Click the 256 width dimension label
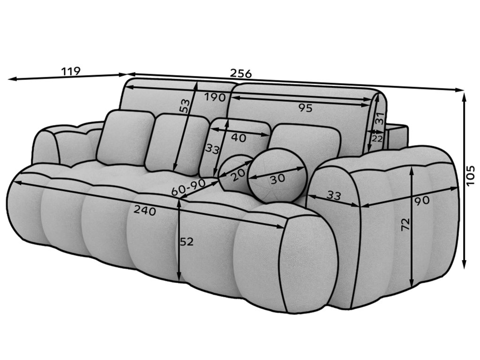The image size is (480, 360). tap(241, 73)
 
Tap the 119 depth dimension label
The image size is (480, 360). tap(71, 71)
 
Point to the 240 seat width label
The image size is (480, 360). tap(144, 211)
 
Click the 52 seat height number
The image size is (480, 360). tap(187, 242)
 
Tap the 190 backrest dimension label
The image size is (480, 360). tap(215, 97)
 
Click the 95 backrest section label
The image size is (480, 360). tap(305, 108)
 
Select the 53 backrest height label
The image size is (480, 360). tap(186, 105)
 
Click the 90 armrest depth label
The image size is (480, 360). tap(422, 201)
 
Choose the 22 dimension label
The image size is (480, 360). tap(377, 138)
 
